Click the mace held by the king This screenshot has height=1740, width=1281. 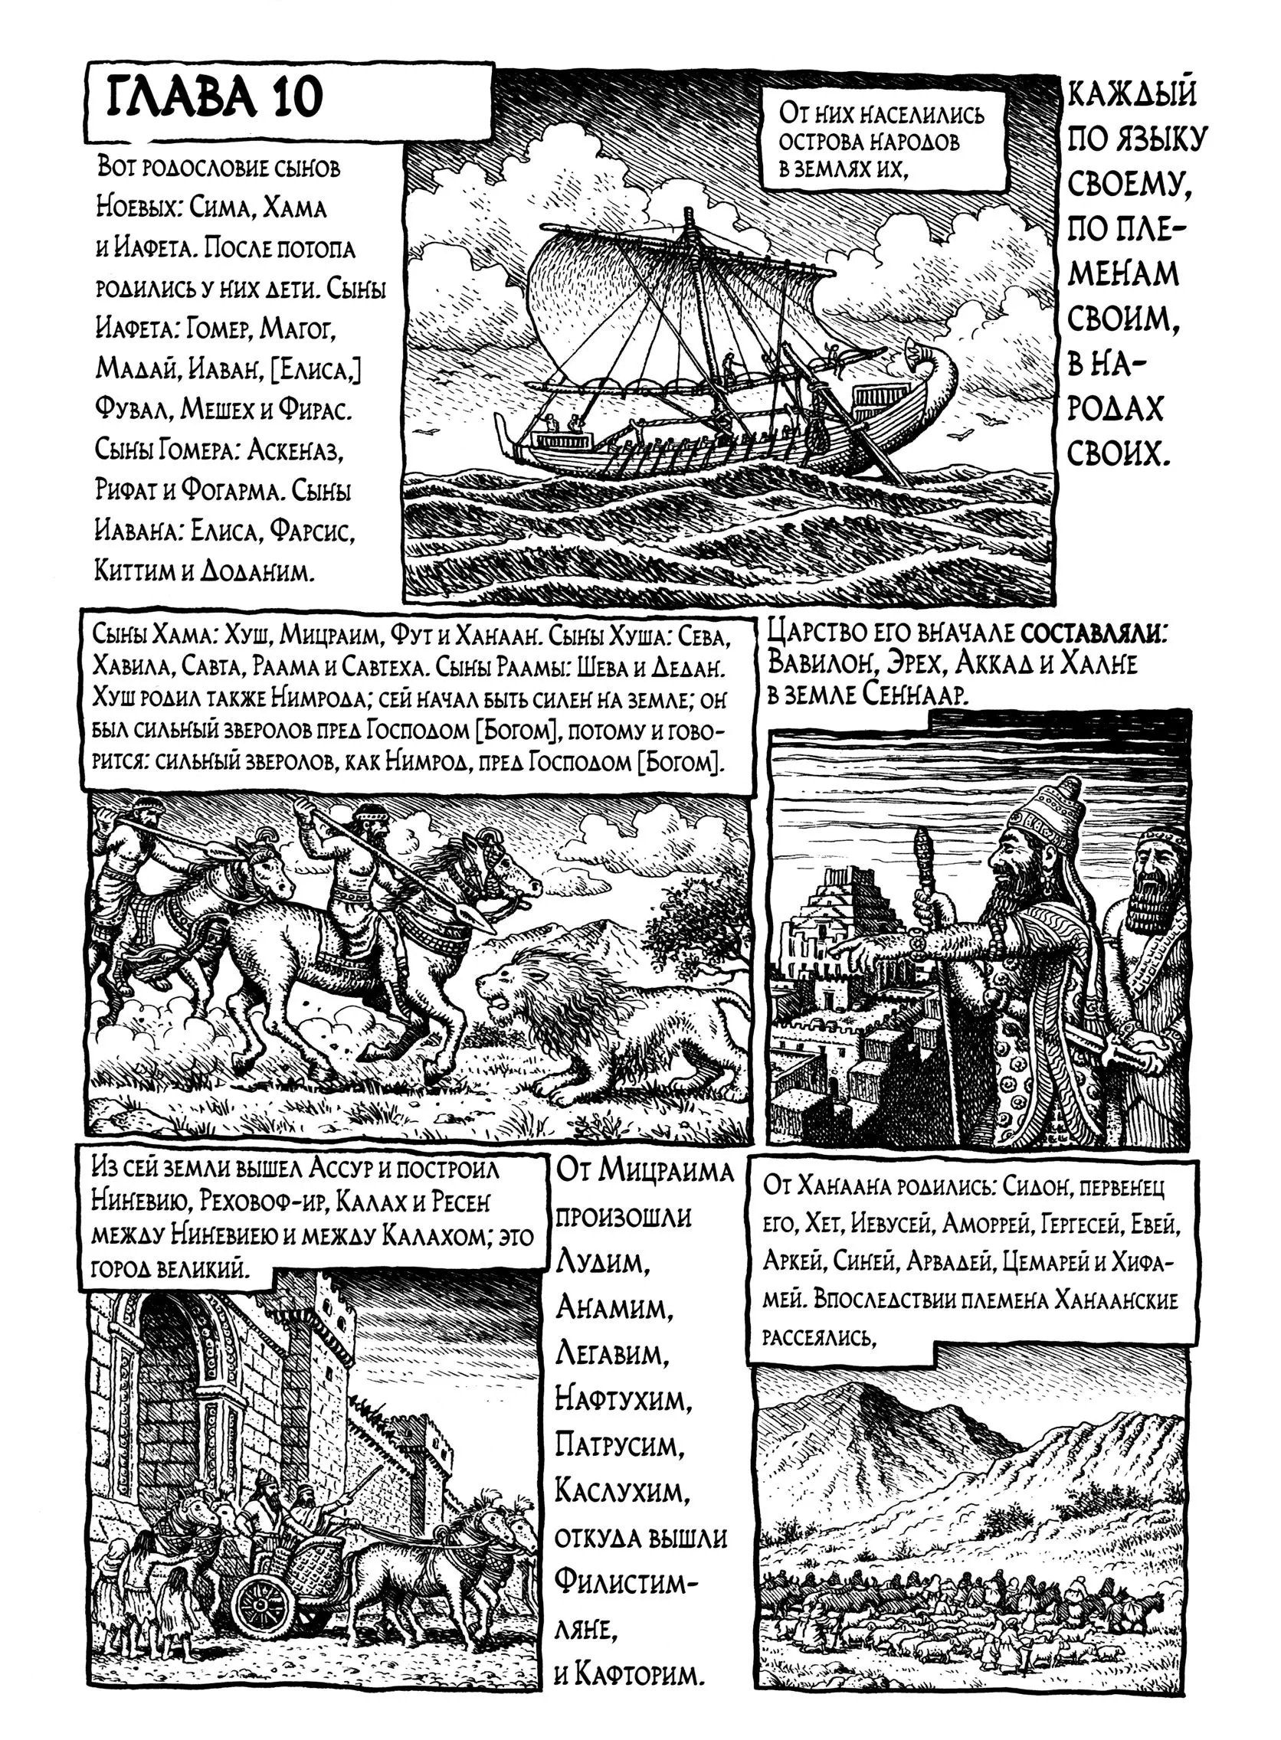click(924, 852)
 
